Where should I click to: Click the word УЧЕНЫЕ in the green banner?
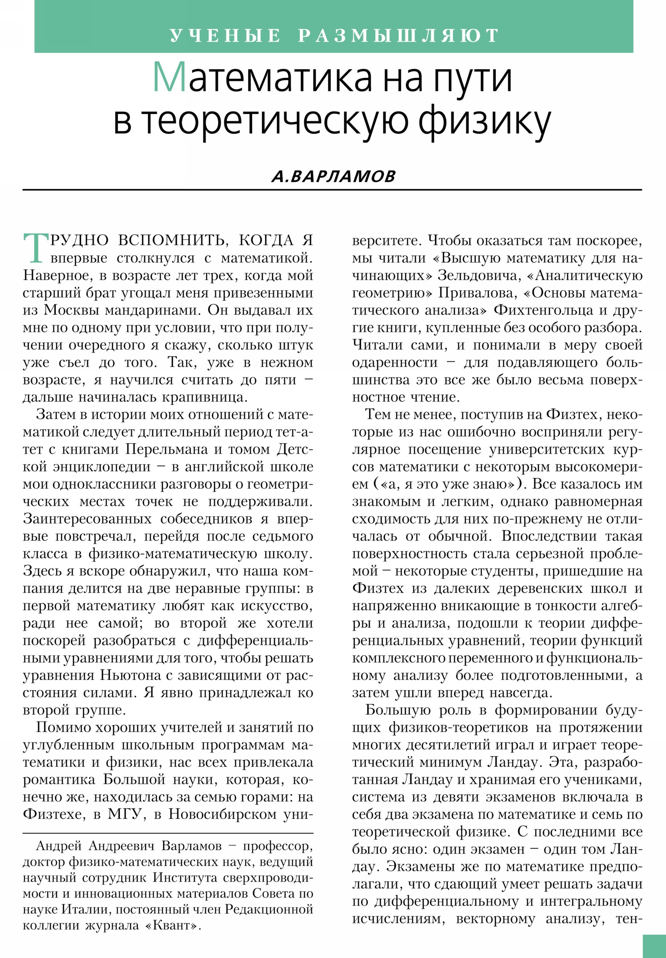point(225,36)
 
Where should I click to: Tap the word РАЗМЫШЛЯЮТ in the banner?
point(398,36)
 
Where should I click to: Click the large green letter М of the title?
point(169,77)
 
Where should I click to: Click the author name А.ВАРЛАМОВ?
point(333,177)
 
